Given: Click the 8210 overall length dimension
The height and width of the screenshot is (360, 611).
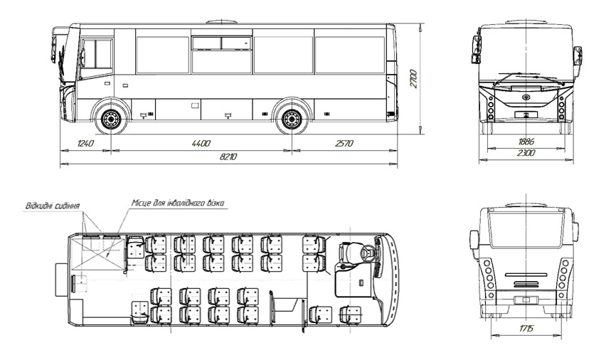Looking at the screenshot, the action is pyautogui.click(x=228, y=157).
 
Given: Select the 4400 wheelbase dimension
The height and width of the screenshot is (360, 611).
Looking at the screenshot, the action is pyautogui.click(x=201, y=144).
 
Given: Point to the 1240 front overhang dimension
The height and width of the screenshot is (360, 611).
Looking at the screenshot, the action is pyautogui.click(x=85, y=144).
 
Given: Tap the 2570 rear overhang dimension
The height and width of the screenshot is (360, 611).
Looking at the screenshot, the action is pyautogui.click(x=344, y=144).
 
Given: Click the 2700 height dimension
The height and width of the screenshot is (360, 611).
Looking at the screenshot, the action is pyautogui.click(x=413, y=79).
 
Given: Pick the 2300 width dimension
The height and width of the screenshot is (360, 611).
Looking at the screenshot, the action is pyautogui.click(x=526, y=153).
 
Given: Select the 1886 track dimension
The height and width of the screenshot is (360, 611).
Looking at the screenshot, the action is pyautogui.click(x=526, y=142).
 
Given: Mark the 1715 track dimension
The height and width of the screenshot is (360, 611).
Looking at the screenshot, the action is pyautogui.click(x=526, y=329).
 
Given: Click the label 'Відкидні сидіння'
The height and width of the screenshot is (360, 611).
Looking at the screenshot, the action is pyautogui.click(x=53, y=206).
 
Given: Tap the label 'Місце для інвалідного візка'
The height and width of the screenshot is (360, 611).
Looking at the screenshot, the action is pyautogui.click(x=178, y=203).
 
